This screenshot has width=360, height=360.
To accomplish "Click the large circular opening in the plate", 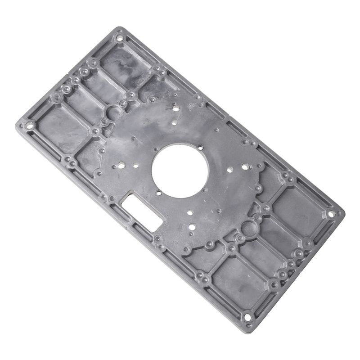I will coord(180,167).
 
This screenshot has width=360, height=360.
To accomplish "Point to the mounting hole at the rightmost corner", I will coord(332,215).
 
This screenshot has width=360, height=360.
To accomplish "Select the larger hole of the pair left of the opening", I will coord(121,165).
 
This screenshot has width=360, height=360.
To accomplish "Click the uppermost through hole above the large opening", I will coord(175,107).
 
